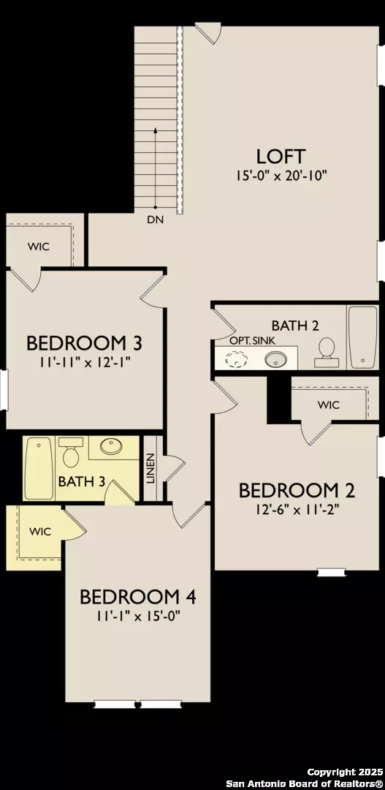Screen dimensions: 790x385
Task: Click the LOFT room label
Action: (280, 156)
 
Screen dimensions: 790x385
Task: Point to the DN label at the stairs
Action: (155, 219)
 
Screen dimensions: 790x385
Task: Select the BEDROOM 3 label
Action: (84, 342)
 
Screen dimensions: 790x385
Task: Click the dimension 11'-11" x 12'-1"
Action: (83, 361)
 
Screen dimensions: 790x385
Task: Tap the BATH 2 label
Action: (294, 325)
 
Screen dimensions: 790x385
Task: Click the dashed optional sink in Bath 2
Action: (237, 358)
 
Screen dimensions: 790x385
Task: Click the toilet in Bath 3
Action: (71, 454)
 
